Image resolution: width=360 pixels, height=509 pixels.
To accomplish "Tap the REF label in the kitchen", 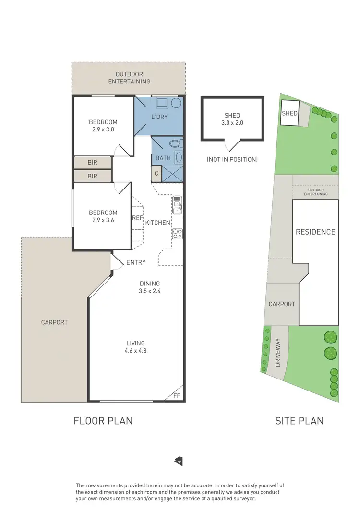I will (137, 218).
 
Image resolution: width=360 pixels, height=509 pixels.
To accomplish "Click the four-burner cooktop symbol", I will (177, 234).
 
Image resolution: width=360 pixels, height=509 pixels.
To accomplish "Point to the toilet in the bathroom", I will (175, 143).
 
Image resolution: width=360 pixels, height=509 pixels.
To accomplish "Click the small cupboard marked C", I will (156, 174).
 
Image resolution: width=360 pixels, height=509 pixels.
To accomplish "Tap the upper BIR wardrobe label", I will (92, 163).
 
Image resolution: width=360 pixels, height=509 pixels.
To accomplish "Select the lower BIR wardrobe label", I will (92, 176).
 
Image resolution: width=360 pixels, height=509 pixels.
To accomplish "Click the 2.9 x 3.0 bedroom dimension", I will (103, 130).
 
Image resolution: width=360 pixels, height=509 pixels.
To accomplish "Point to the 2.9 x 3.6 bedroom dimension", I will (103, 220).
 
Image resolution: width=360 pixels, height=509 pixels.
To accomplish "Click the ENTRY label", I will (136, 262).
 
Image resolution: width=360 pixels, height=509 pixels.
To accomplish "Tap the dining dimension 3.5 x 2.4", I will (150, 291).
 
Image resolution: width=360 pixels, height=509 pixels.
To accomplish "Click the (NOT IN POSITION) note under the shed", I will (232, 159).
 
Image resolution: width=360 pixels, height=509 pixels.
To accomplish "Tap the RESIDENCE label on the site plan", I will (315, 232).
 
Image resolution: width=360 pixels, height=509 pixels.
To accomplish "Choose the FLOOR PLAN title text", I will (103, 421).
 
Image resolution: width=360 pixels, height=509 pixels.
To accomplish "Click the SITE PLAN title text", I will (299, 421).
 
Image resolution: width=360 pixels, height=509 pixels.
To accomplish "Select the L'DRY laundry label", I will (159, 117).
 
